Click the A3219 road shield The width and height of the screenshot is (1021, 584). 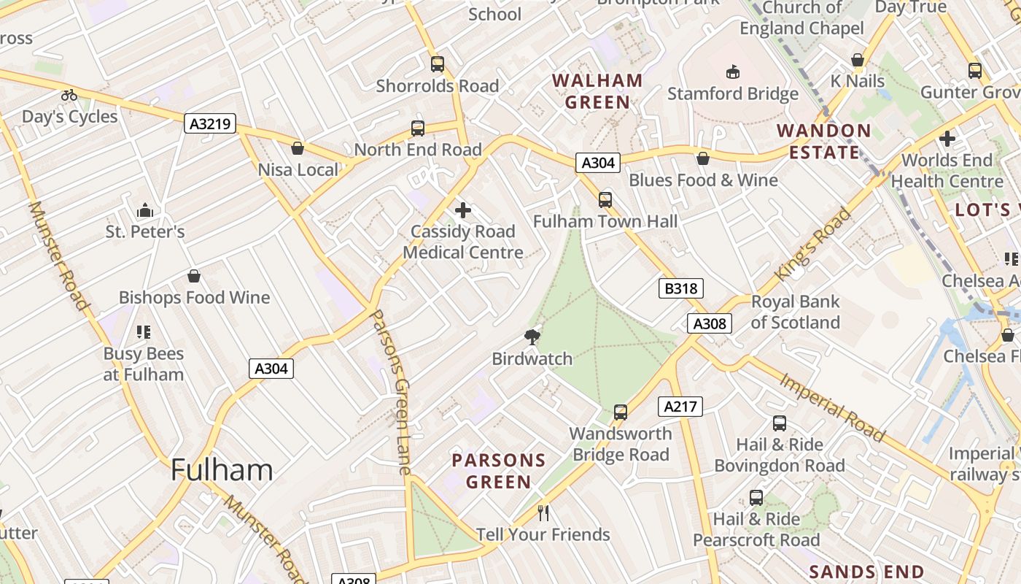(210, 123)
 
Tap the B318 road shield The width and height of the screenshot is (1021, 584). (681, 288)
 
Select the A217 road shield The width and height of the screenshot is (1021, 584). (680, 407)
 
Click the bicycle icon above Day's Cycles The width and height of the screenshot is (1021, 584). (69, 95)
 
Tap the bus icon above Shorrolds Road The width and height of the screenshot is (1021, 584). (437, 64)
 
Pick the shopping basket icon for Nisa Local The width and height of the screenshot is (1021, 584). (298, 148)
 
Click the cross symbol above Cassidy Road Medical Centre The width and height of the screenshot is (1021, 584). (462, 211)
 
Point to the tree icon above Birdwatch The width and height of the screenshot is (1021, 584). (532, 337)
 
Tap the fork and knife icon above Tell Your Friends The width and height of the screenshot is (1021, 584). (543, 513)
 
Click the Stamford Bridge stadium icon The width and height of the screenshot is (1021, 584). (732, 72)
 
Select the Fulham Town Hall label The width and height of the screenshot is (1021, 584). (605, 221)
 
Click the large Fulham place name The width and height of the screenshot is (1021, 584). (222, 469)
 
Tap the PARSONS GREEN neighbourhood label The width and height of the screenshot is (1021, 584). (499, 471)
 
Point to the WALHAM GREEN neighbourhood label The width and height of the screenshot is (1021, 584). (597, 91)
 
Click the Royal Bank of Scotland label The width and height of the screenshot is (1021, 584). (795, 312)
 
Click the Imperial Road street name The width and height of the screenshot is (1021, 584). (832, 407)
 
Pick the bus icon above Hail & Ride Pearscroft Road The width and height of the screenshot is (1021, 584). (756, 498)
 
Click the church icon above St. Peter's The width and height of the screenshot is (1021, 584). (145, 210)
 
